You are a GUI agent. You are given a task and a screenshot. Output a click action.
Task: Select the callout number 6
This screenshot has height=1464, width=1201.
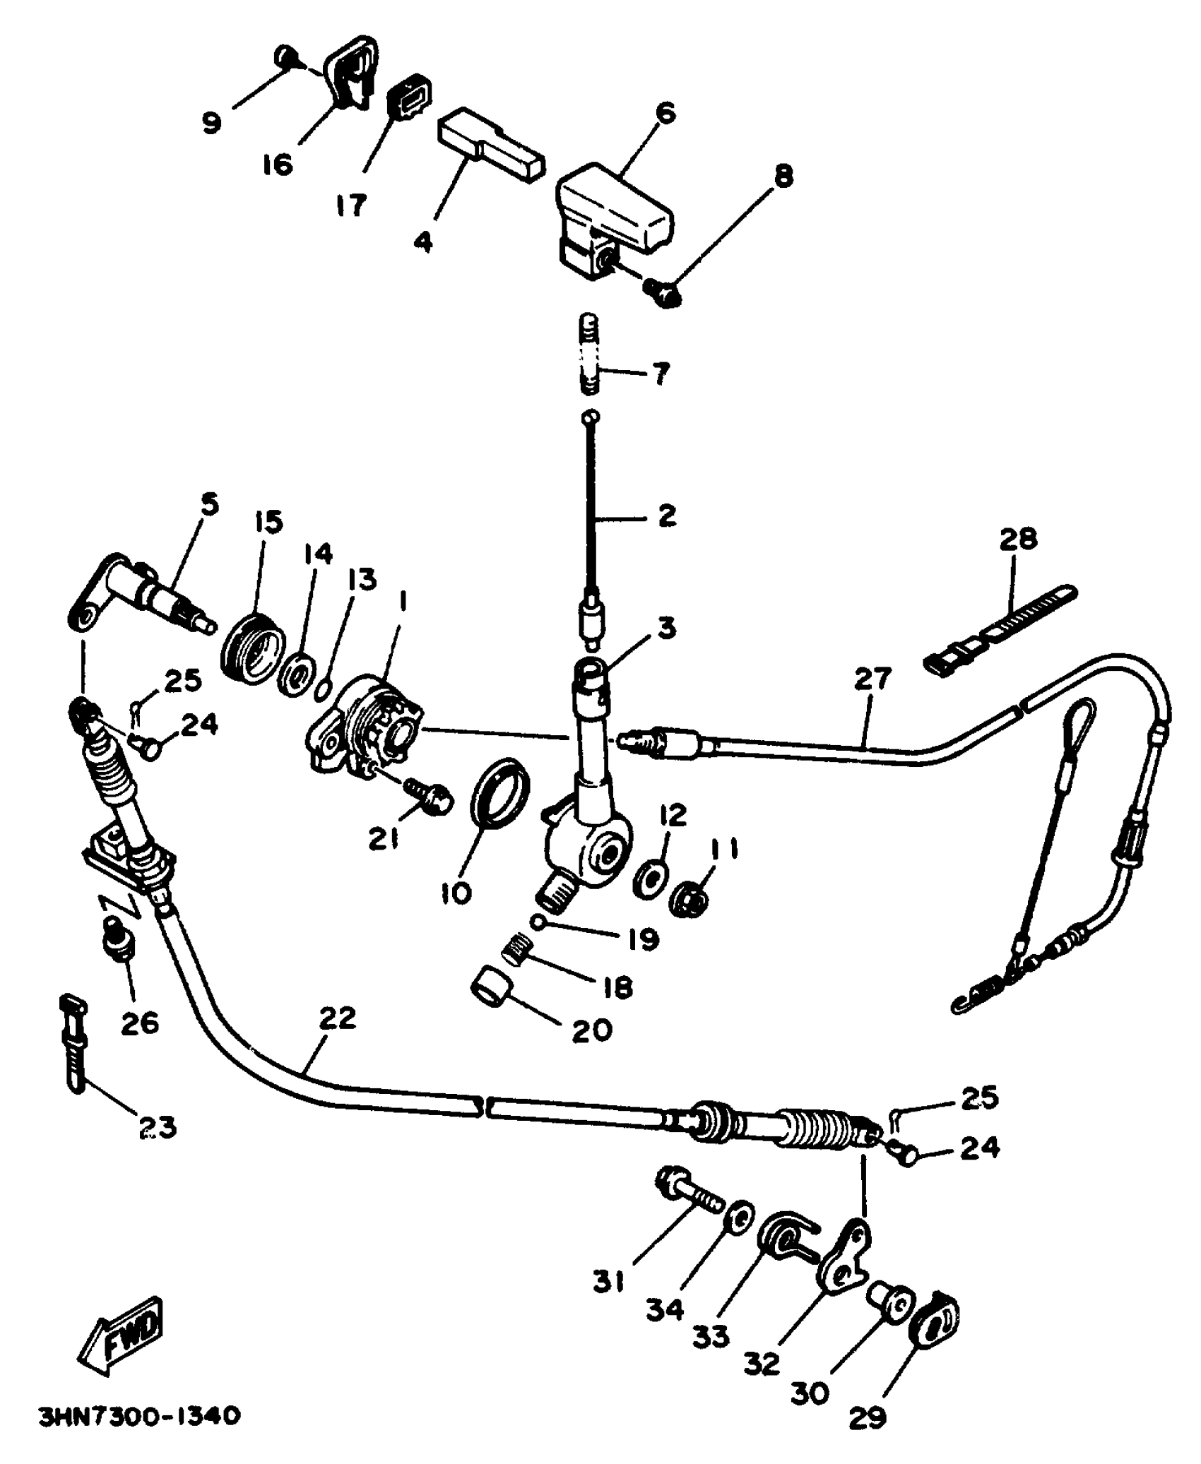[x=665, y=114]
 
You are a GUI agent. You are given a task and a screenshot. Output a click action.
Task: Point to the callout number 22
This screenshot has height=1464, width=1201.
[x=337, y=1018]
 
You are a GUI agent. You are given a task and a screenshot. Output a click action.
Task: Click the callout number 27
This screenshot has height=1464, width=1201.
[x=873, y=679]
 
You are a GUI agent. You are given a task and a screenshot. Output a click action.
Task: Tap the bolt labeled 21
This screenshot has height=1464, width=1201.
[x=428, y=796]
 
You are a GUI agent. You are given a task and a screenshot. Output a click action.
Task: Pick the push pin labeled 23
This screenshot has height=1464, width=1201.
[x=76, y=1042]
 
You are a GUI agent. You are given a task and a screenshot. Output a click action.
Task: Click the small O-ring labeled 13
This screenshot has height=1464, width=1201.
[x=321, y=688]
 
